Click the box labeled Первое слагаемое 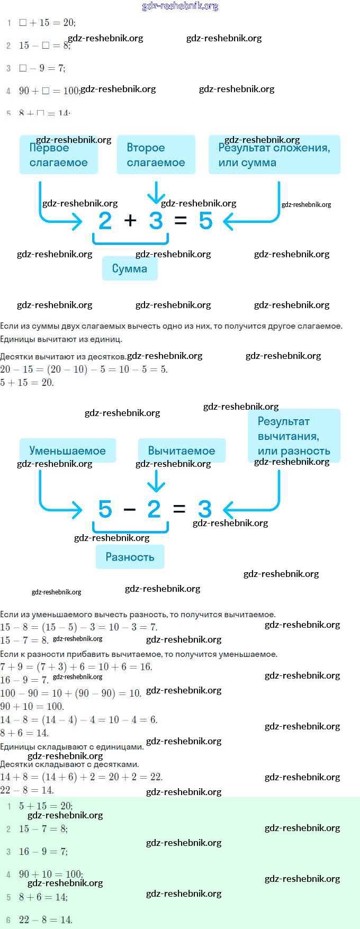[x=59, y=155]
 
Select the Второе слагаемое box [x=156, y=155]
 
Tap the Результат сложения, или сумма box [x=274, y=155]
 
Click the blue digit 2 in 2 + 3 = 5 [x=105, y=221]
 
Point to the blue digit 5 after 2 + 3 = [x=205, y=221]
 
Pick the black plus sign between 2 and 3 [x=130, y=221]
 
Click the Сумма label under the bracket [x=130, y=268]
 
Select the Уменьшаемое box [x=67, y=450]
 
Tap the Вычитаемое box [x=182, y=450]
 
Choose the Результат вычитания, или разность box [x=294, y=436]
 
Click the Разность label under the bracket [x=130, y=557]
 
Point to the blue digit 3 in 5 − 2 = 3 [x=205, y=509]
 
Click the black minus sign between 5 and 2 [x=129, y=510]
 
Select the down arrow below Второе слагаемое [x=156, y=193]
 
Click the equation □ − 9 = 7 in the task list [x=42, y=68]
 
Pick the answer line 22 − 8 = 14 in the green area [x=46, y=920]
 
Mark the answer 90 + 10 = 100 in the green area [x=51, y=874]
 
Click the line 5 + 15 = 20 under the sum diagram [x=27, y=382]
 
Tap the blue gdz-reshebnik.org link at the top [x=181, y=6]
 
